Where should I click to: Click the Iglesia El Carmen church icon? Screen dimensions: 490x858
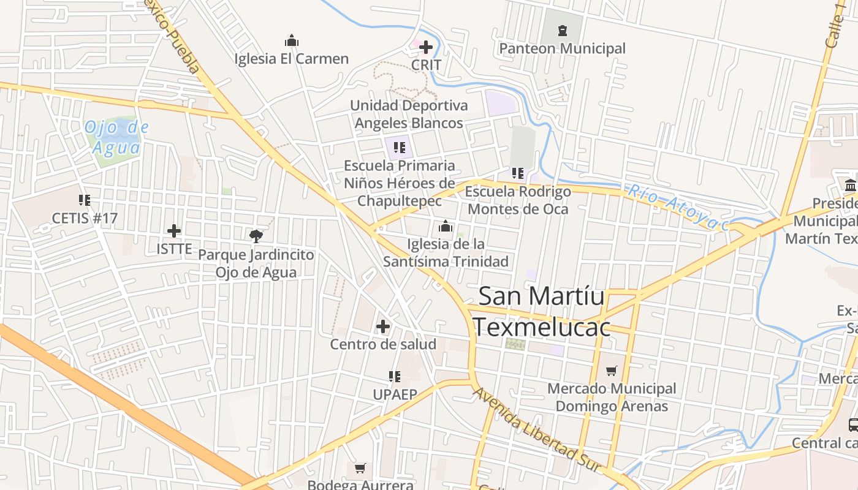point(292,41)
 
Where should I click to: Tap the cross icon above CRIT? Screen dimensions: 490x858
point(425,47)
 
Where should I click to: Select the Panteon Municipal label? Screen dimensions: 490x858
point(562,48)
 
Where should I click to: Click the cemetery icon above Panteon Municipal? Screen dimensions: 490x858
point(562,30)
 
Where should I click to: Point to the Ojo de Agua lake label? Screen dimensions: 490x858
point(116,138)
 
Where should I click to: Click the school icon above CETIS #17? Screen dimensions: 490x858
point(85,200)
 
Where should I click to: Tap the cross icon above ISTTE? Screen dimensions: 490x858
point(174,231)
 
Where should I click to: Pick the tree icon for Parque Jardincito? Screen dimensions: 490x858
point(256,236)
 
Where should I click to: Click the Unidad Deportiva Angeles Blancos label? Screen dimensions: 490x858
point(409,114)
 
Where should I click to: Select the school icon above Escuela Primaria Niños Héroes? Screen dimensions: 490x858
point(400,147)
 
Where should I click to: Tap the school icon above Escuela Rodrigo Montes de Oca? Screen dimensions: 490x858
point(518,173)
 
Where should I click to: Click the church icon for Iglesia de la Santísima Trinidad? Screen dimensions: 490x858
point(446,227)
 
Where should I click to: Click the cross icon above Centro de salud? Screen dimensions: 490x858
point(383,326)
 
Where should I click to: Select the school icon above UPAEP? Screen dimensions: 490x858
point(395,376)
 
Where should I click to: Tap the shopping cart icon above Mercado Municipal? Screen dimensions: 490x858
point(611,371)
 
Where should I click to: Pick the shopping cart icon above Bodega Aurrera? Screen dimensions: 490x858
point(360,469)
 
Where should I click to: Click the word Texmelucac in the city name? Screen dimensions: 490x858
point(542,327)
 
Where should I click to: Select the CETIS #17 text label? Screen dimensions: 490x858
point(85,218)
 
